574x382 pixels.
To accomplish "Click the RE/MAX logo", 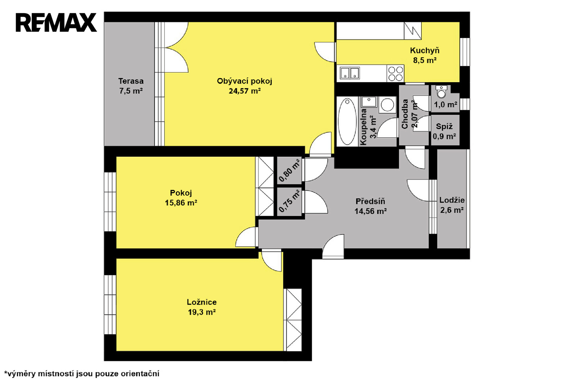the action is coord(56,23).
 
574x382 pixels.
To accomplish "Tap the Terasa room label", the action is coord(131,81).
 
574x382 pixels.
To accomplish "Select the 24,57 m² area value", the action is coord(245,91).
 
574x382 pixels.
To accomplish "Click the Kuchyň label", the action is coord(425,51).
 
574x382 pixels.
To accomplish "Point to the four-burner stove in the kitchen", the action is coord(395,74).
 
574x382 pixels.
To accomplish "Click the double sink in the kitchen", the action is coord(350,73).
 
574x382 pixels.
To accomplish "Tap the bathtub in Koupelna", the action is coord(347,122).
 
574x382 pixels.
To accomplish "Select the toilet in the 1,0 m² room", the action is coord(441,92).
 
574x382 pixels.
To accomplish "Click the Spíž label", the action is coord(444,126).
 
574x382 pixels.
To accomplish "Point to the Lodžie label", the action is coord(452,200).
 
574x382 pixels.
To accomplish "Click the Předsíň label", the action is coord(370,201).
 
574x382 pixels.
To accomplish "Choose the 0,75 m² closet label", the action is coord(289,201).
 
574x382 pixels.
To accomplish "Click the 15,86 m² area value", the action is coord(181,203).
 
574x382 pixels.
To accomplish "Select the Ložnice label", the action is coord(202,302).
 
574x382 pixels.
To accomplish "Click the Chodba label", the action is coord(405,114).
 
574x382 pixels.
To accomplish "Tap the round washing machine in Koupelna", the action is coord(387,105).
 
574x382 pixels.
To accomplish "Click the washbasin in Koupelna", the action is coord(369,102).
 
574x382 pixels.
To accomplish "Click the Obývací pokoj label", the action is coord(244,81).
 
